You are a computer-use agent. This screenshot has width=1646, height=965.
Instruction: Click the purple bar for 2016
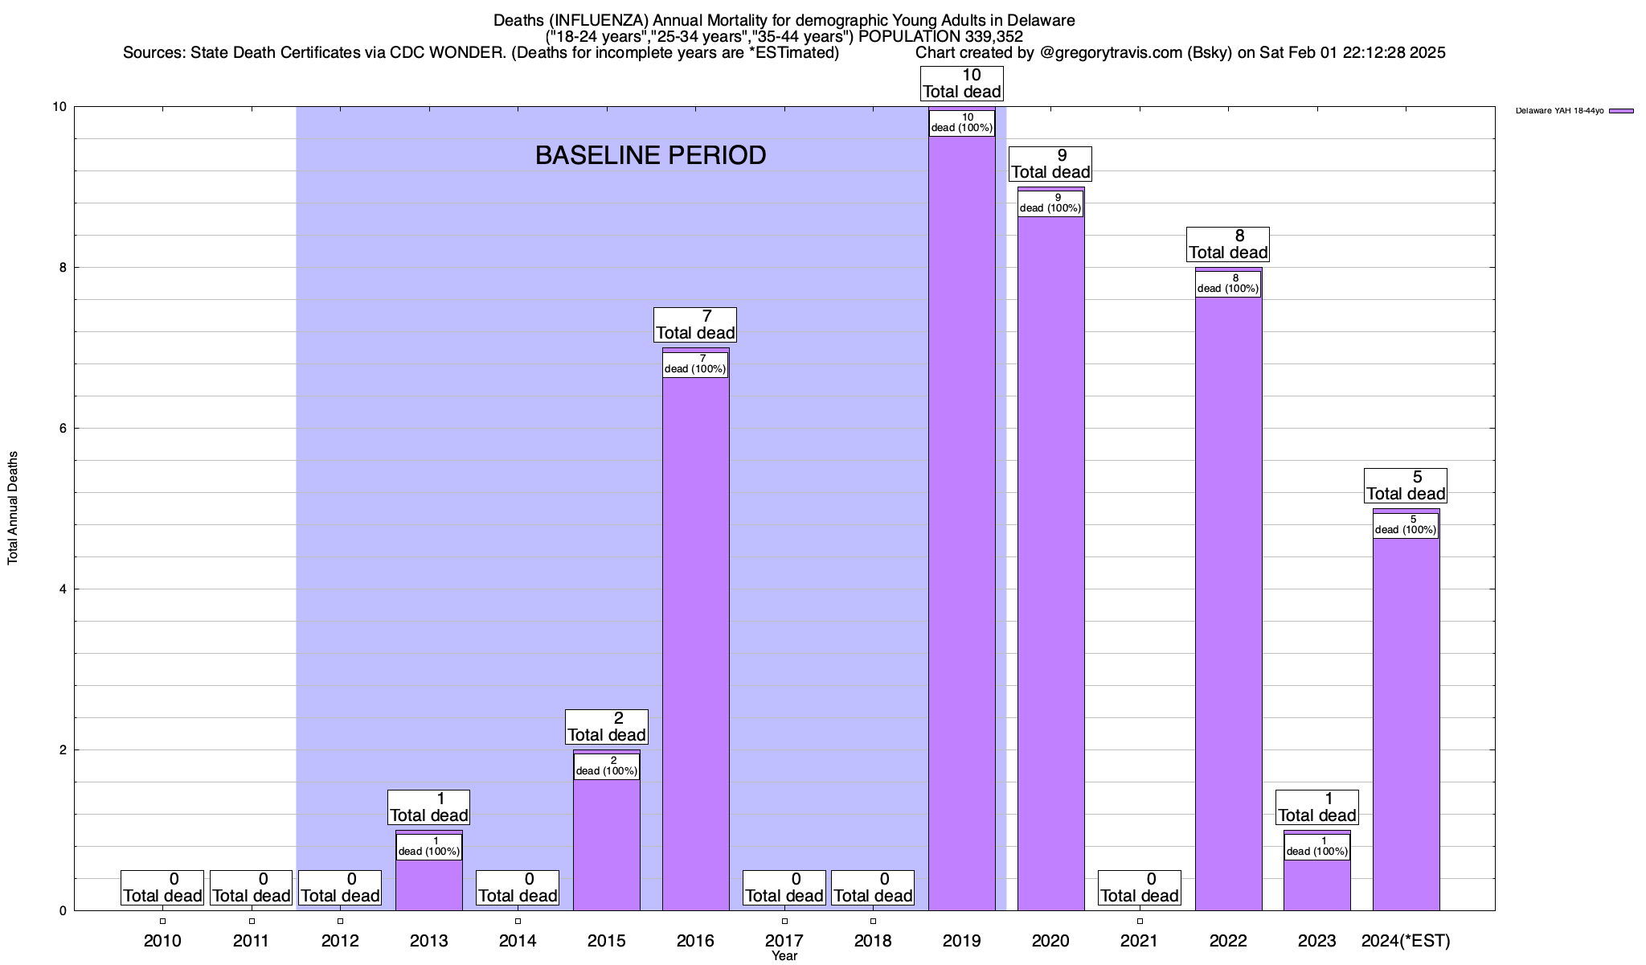click(695, 643)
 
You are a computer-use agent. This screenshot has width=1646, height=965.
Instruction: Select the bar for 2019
click(962, 523)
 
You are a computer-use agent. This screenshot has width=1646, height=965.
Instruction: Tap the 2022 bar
click(1228, 603)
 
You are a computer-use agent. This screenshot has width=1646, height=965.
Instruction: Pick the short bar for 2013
click(429, 885)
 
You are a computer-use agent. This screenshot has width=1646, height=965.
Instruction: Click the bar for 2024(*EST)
click(1406, 724)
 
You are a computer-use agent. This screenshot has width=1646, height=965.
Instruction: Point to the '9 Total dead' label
click(1050, 164)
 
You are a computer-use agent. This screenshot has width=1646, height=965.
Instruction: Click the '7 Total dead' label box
click(695, 325)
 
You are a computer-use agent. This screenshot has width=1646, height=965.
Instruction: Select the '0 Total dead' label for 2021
click(1140, 888)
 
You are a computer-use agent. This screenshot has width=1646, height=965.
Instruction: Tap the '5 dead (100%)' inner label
click(1406, 525)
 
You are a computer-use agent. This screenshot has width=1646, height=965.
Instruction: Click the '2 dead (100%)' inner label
click(607, 766)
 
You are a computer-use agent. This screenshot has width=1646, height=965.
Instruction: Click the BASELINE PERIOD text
click(650, 155)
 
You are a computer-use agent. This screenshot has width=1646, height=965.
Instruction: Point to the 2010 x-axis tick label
click(162, 941)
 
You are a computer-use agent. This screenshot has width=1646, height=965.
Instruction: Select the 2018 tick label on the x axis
click(873, 941)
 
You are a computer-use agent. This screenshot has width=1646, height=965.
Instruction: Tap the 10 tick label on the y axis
click(59, 107)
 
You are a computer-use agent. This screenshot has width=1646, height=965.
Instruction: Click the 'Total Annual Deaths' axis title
click(13, 507)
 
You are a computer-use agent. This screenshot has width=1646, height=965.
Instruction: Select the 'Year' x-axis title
click(784, 956)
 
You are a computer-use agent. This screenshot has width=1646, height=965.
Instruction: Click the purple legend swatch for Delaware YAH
click(1621, 111)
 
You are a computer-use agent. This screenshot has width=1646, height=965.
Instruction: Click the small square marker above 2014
click(518, 922)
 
